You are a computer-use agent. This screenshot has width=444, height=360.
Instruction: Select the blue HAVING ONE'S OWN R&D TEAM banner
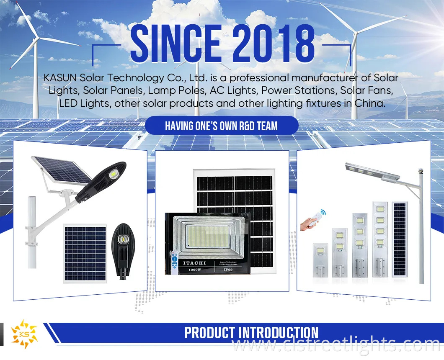(x=222, y=126)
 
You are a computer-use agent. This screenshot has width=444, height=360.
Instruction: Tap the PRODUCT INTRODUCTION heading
(x=251, y=333)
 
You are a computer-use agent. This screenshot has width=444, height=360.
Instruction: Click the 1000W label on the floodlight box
(x=194, y=270)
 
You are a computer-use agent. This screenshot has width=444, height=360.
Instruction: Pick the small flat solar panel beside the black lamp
(x=85, y=247)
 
